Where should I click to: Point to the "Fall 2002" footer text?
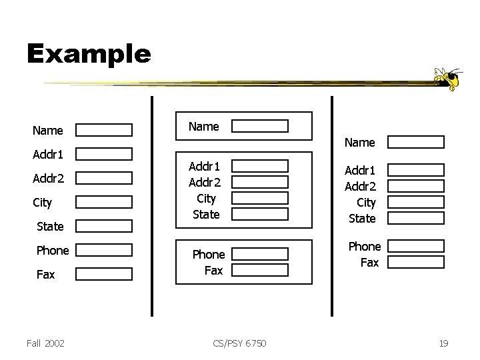point(46,343)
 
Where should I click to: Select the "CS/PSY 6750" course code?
point(240,343)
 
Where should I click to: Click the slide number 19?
point(443,343)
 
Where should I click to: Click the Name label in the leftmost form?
point(48,130)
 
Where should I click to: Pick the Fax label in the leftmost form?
point(45,274)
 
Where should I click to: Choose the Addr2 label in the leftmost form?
point(48,178)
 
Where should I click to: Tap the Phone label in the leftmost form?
point(53,250)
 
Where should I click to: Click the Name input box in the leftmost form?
point(103,129)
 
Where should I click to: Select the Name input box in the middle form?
point(260,126)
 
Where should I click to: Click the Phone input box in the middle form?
point(260,254)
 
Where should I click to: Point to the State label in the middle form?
point(205,214)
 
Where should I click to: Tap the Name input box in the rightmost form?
point(416,141)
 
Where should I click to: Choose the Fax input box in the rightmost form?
point(416,262)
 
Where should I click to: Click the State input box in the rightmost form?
point(416,217)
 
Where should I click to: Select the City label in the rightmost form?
point(366,202)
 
